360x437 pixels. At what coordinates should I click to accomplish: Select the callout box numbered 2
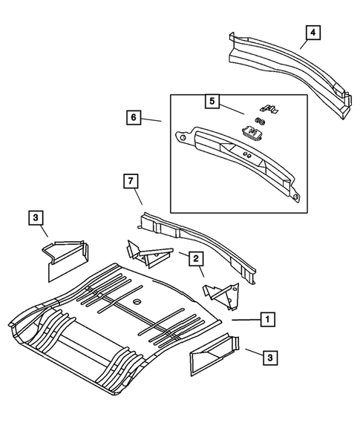coord(195,257)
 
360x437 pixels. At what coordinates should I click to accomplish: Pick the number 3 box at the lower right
coord(271,358)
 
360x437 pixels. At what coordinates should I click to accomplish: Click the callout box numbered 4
coord(313,32)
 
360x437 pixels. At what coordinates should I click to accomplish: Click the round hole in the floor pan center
coord(137,303)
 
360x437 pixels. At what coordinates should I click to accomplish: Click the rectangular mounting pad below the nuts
coord(255,134)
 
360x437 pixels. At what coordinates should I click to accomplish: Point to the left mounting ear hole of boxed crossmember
coord(180,136)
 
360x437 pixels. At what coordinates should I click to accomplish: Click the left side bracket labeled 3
coord(65,256)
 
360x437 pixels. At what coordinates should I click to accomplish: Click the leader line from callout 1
coord(243,319)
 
